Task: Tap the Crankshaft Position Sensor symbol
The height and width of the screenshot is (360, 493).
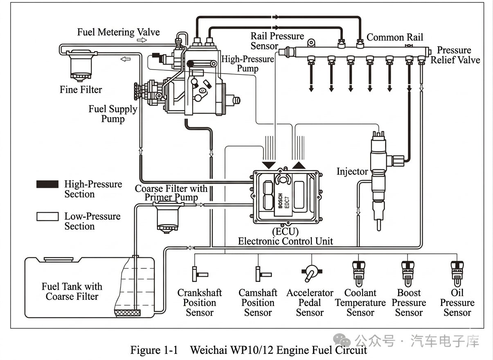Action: (200, 273)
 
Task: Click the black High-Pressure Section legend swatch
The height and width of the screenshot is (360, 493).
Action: (47, 184)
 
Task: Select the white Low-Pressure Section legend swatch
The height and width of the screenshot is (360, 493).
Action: (47, 216)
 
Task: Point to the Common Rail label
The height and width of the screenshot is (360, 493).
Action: (395, 37)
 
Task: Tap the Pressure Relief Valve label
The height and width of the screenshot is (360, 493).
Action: (455, 55)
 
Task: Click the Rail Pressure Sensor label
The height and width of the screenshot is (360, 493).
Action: (277, 41)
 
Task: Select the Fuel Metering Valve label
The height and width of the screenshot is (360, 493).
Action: (118, 32)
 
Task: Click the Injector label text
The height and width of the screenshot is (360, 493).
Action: (352, 171)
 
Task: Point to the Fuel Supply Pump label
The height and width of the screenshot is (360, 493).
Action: (113, 114)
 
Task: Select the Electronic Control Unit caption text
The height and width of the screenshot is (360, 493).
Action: (286, 241)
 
